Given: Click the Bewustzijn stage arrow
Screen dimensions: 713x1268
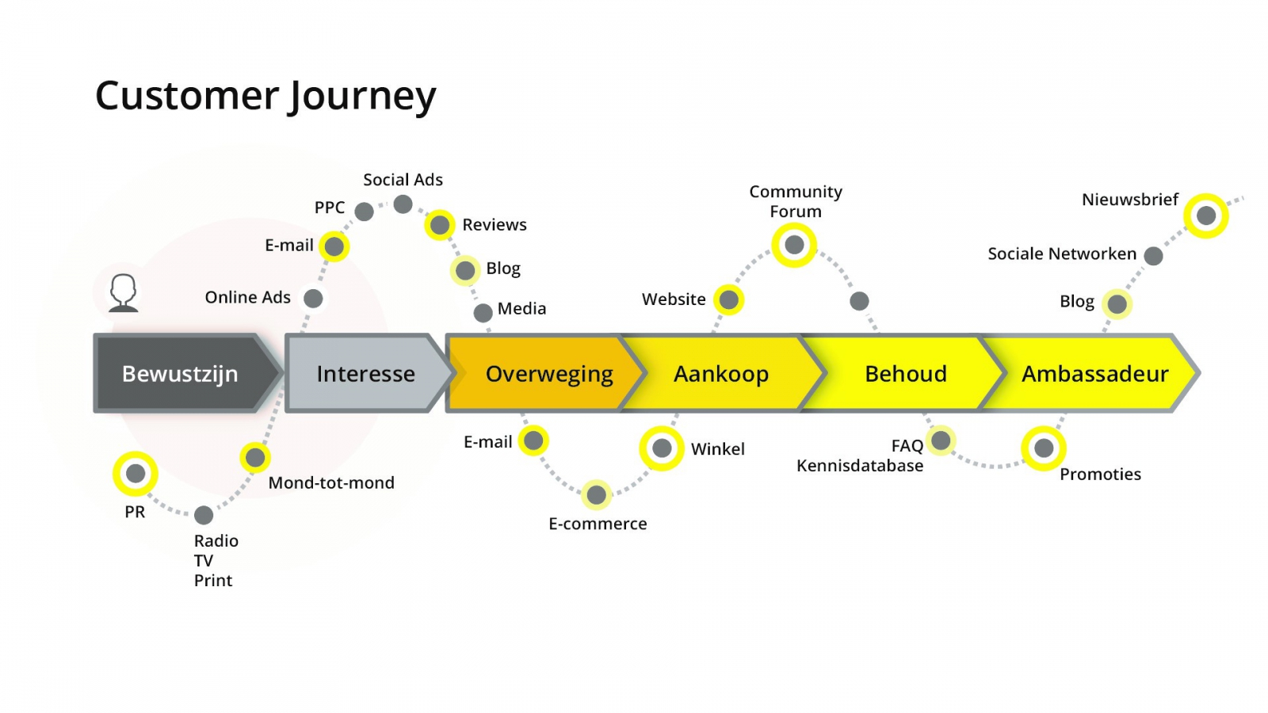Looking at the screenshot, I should click(x=180, y=373).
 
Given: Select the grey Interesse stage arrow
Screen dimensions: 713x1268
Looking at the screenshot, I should click(x=365, y=373).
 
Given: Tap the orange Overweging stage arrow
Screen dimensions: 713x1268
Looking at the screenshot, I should click(x=548, y=373).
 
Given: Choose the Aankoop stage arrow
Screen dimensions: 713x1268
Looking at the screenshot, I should click(x=720, y=373).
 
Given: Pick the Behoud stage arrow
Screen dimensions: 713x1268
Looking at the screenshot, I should click(x=905, y=373).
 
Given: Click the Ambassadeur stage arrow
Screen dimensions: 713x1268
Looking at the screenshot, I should click(x=1094, y=373).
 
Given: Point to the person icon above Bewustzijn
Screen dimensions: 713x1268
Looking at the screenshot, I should click(x=124, y=292).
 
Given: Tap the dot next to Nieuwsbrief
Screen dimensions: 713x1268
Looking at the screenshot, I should click(x=1205, y=215).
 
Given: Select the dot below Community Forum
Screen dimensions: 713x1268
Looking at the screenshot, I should click(x=794, y=245).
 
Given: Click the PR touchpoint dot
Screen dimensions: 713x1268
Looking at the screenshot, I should click(x=136, y=474).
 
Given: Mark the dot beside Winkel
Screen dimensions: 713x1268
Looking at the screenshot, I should click(x=662, y=448).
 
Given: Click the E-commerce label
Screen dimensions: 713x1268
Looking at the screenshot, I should click(x=598, y=524).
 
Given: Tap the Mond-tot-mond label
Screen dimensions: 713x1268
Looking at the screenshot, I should click(x=331, y=482).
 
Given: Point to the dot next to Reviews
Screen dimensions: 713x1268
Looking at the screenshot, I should click(x=439, y=225).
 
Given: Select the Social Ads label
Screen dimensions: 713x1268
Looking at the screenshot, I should click(x=403, y=180).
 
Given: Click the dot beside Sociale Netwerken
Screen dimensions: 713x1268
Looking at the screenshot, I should click(x=1154, y=256).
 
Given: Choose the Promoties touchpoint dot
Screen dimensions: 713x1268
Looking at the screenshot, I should click(x=1044, y=448).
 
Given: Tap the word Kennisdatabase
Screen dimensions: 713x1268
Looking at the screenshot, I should click(x=860, y=466).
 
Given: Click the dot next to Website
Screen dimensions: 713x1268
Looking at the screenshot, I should click(x=728, y=299).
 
